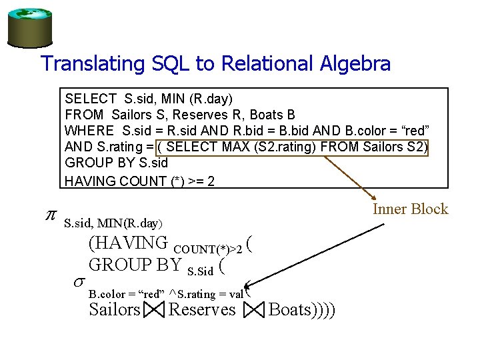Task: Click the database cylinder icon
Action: [29, 25]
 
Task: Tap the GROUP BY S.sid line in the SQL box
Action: [117, 163]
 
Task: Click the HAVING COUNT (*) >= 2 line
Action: [140, 180]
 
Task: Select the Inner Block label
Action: [410, 209]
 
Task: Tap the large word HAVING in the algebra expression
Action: [128, 243]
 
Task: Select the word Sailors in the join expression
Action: [115, 309]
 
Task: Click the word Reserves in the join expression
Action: [202, 309]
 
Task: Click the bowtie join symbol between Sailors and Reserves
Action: [153, 310]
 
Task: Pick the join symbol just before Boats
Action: [255, 310]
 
